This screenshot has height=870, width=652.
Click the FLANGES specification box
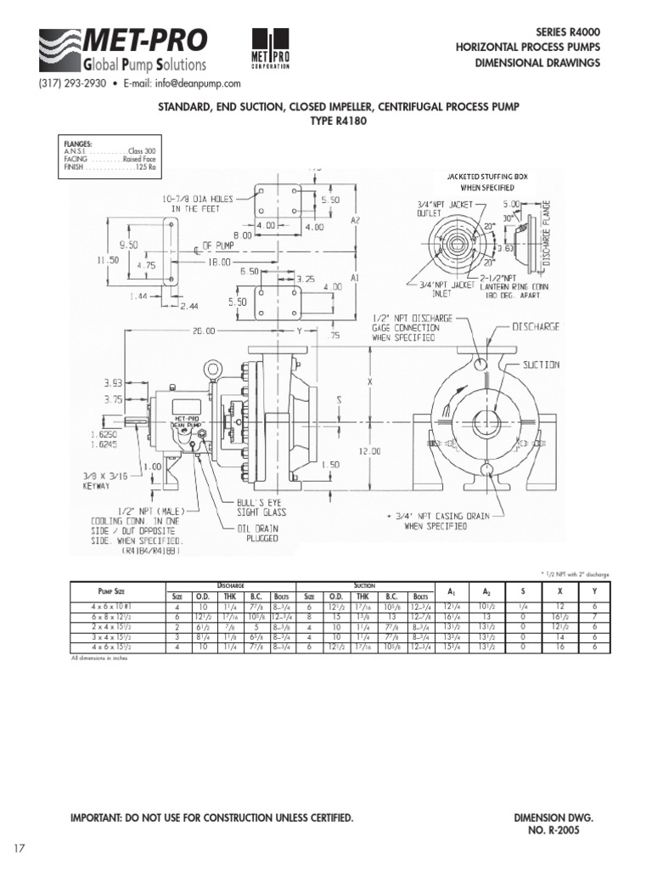click(x=110, y=156)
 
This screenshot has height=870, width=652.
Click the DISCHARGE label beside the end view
click(x=536, y=325)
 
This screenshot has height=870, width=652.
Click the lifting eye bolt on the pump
click(x=212, y=369)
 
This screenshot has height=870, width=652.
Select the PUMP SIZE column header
click(x=116, y=590)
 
